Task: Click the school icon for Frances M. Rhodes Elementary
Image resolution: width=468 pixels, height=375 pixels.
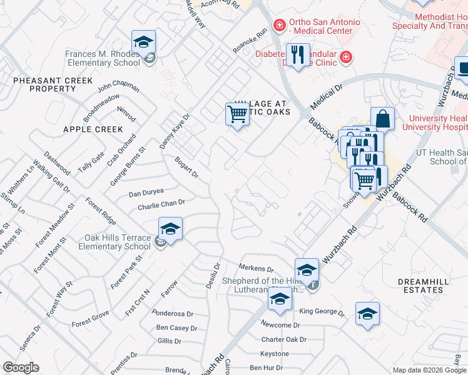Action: (x=144, y=43)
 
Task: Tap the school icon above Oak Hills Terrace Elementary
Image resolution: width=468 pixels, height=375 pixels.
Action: (x=170, y=229)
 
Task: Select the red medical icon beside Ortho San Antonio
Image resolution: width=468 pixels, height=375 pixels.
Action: (x=279, y=26)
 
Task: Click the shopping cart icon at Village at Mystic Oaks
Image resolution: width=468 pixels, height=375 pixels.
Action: (x=238, y=114)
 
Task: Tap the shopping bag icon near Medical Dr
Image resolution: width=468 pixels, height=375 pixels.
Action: (x=382, y=118)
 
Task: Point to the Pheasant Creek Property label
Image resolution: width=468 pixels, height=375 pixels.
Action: (x=53, y=85)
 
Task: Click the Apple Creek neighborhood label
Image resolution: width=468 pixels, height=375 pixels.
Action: (x=93, y=129)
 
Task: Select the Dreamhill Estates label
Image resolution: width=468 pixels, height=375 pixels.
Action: (x=424, y=286)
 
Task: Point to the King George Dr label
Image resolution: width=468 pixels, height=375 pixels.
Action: (x=322, y=311)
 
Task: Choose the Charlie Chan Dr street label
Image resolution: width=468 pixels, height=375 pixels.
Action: (x=161, y=202)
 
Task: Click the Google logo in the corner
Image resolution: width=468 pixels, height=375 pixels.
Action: (x=21, y=367)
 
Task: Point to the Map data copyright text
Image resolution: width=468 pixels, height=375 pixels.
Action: (x=429, y=370)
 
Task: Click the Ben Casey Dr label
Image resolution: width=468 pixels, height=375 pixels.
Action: (x=176, y=327)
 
